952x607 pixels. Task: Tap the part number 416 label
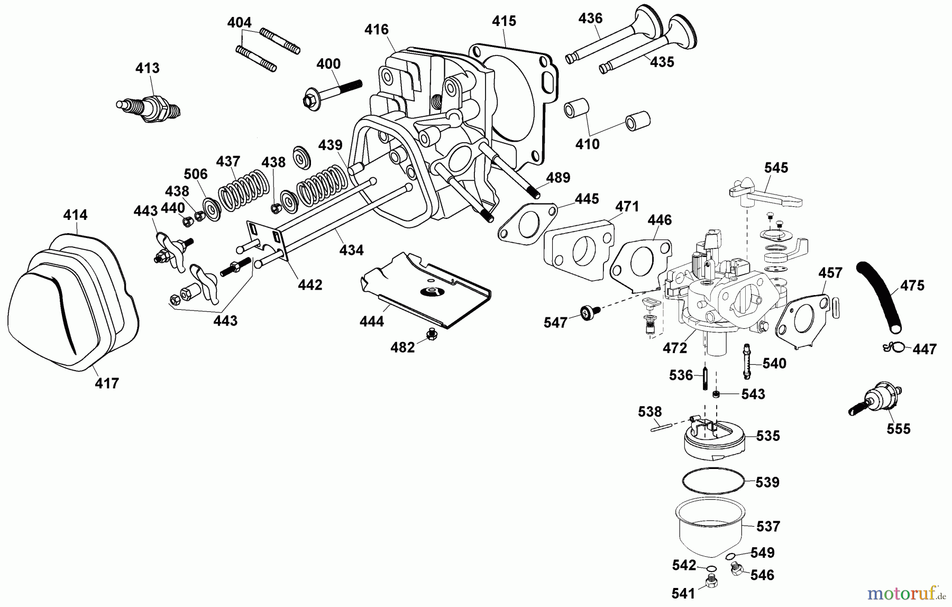coord(377,30)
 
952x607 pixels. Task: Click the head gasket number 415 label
coord(504,21)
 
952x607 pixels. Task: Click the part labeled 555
coord(878,401)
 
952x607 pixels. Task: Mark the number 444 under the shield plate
coord(371,320)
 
